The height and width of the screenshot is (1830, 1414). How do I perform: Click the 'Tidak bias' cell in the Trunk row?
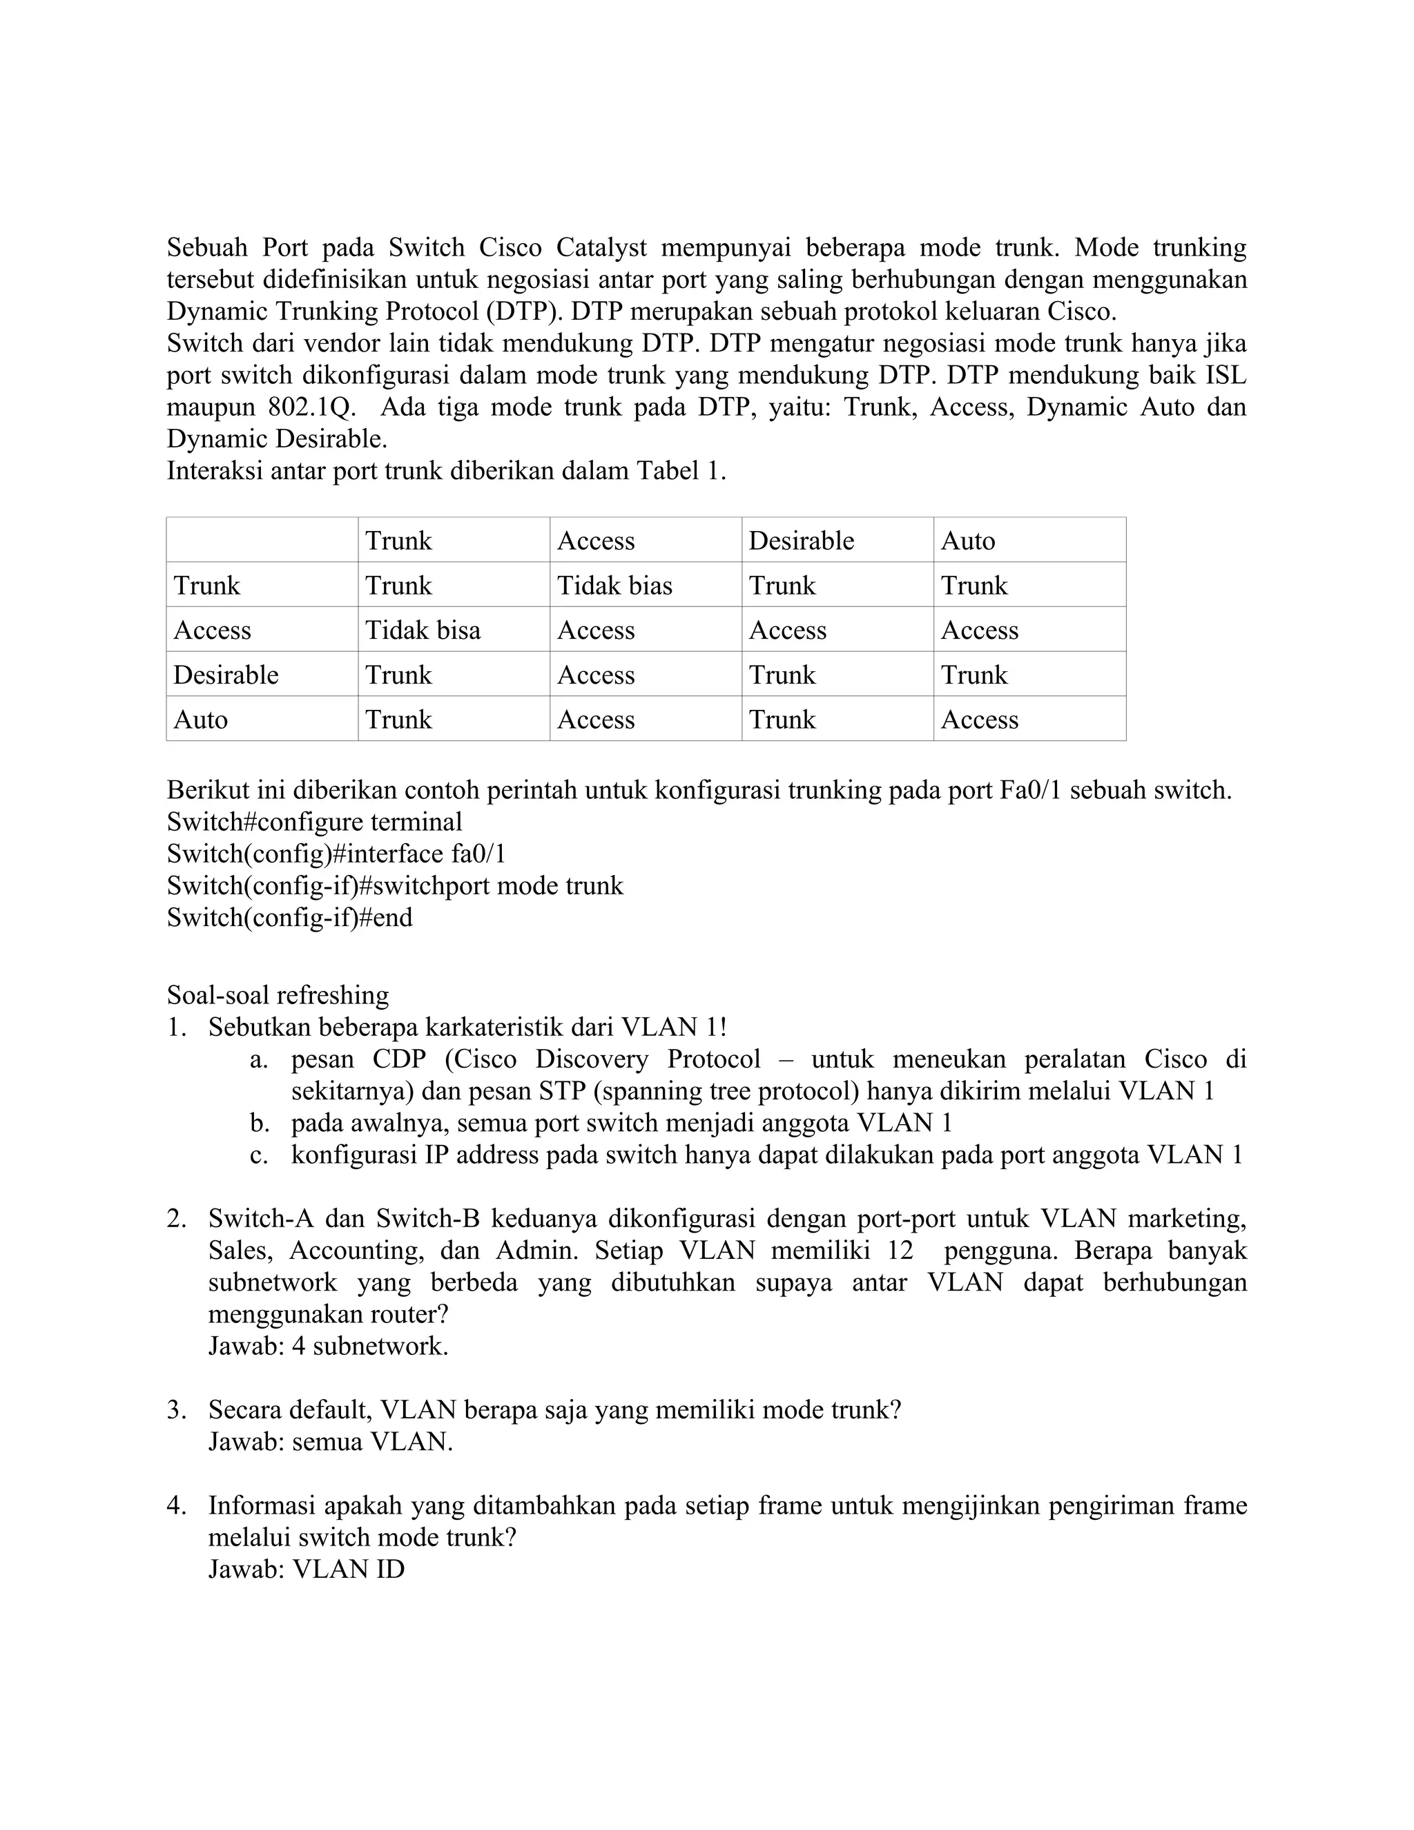(615, 585)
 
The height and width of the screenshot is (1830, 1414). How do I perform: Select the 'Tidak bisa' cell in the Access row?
(423, 629)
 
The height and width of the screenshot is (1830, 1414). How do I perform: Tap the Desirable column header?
(801, 541)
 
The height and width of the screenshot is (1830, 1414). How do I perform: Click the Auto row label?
(200, 719)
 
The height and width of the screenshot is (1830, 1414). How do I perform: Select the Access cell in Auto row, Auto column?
(979, 719)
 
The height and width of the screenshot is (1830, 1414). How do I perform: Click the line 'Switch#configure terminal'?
(314, 821)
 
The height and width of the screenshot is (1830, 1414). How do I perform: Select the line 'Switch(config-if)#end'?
(290, 918)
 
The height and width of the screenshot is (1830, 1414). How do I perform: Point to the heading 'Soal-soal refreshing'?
(278, 994)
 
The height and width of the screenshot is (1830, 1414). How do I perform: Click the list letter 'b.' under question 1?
(259, 1123)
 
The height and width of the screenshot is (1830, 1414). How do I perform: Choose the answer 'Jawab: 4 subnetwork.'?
(329, 1347)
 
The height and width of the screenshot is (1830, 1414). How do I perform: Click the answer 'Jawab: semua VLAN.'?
(330, 1442)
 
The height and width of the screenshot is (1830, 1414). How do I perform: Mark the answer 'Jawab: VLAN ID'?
(307, 1568)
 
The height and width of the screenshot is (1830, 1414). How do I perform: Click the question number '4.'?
(176, 1505)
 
